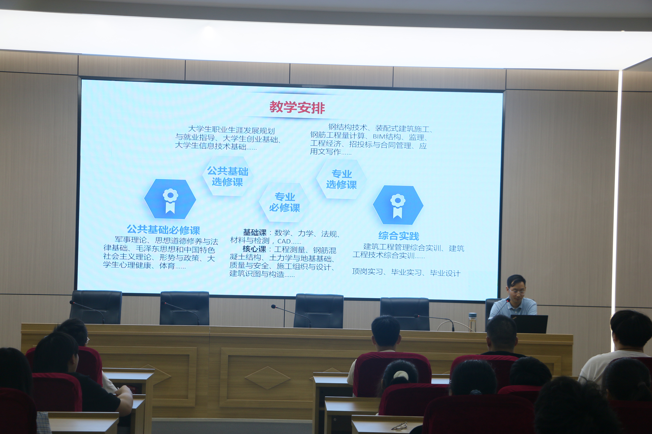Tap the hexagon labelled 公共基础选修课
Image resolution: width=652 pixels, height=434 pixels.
click(228, 176)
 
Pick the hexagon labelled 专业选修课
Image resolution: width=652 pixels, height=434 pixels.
click(342, 179)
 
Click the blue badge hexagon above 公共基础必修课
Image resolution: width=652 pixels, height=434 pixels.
click(170, 199)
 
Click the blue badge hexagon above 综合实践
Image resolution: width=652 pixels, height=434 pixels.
click(398, 205)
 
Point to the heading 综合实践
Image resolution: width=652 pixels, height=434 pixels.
click(399, 236)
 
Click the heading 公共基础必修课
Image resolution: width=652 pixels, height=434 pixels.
click(163, 230)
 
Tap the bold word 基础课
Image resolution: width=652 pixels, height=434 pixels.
click(255, 233)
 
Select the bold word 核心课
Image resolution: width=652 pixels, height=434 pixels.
click(254, 249)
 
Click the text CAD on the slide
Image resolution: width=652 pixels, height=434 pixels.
click(284, 241)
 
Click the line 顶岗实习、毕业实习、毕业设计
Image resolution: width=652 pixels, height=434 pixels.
click(406, 272)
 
